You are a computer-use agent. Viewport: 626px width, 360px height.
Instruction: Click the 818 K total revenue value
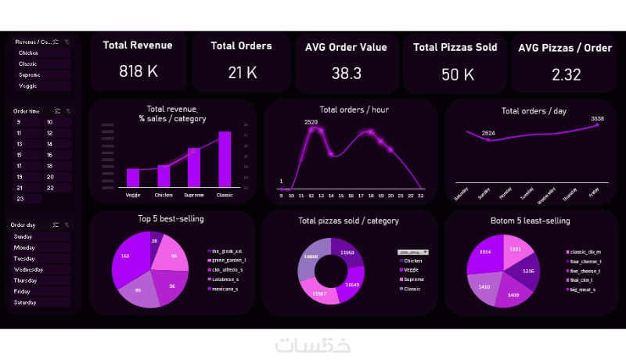coord(139,72)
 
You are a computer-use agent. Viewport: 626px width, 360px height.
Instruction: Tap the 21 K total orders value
coord(242,73)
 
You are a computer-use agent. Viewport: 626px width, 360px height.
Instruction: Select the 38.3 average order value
coord(346,74)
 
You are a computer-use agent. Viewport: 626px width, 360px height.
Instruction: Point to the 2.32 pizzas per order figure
coord(565,74)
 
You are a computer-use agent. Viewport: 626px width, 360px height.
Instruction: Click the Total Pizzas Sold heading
coord(455,47)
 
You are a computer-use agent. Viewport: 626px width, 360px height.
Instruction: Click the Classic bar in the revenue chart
coord(225,159)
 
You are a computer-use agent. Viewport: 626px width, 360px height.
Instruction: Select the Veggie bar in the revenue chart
coord(133,178)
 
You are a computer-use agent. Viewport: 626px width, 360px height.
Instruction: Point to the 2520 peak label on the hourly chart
coord(311,122)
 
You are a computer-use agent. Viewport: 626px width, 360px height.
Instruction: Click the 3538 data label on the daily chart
coord(597,118)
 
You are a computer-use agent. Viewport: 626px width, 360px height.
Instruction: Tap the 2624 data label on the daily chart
coord(488,133)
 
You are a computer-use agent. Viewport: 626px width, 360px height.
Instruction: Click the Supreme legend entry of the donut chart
coord(413,279)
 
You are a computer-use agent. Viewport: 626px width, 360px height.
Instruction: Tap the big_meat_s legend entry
coord(583,290)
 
